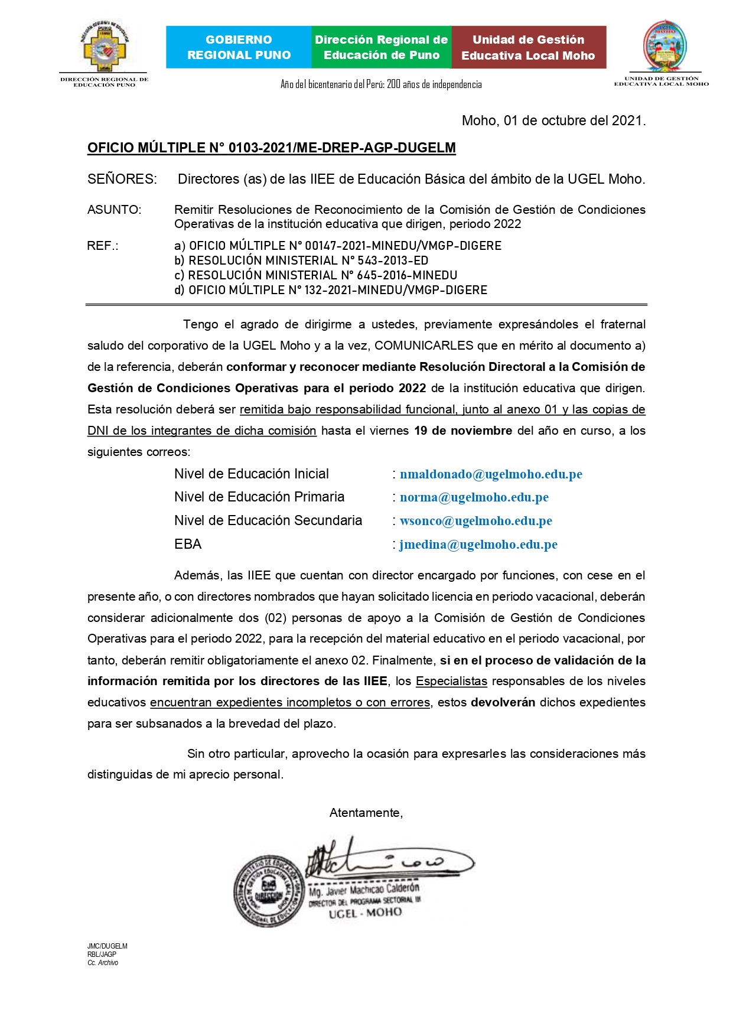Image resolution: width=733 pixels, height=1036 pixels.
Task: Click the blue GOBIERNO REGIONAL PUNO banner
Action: (x=239, y=47)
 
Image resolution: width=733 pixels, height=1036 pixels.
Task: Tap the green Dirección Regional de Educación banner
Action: (x=381, y=47)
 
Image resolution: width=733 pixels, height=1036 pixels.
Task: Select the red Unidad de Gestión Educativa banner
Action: (x=528, y=47)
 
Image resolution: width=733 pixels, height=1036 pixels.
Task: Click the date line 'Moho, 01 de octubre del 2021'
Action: (x=553, y=120)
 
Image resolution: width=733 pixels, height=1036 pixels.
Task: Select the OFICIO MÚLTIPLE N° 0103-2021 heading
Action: (x=271, y=148)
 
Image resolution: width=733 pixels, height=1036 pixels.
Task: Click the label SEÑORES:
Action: (x=122, y=179)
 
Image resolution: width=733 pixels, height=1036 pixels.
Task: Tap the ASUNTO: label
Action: (x=114, y=210)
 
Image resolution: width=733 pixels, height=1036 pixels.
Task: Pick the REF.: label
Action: (x=102, y=246)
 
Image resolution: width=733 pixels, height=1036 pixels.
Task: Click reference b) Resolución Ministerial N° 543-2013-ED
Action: (x=301, y=260)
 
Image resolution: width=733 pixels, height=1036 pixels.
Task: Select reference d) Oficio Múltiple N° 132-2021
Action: (x=331, y=290)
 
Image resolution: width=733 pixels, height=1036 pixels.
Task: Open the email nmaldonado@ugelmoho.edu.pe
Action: (x=491, y=474)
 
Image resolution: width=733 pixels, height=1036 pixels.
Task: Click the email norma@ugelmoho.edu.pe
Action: (x=474, y=497)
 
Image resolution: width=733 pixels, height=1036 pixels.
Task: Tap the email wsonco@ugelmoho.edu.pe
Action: (x=475, y=521)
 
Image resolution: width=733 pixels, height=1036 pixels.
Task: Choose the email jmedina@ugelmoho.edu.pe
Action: (x=478, y=545)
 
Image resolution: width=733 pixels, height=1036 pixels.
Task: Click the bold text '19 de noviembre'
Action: (x=463, y=431)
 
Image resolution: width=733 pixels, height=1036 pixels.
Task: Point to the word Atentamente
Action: (x=366, y=813)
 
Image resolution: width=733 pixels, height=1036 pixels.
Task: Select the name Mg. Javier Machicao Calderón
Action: (x=364, y=890)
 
